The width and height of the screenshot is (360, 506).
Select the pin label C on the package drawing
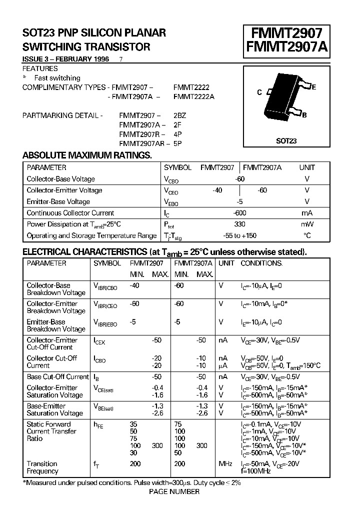tap(259, 92)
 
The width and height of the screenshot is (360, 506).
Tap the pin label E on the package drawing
tap(313, 87)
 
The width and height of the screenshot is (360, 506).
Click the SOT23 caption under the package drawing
tap(286, 141)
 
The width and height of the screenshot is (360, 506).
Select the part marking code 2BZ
tap(179, 115)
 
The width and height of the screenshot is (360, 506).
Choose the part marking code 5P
tap(177, 143)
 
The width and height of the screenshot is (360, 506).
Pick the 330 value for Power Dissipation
tap(239, 224)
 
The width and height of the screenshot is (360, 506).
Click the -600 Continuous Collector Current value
tap(239, 213)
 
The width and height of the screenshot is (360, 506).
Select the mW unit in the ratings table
tap(307, 224)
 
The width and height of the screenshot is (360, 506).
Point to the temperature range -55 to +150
tap(239, 235)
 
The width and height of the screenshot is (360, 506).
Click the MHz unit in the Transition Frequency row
tap(225, 464)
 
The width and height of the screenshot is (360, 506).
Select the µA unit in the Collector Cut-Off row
tap(223, 365)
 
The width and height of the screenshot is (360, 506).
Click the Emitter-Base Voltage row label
tap(58, 201)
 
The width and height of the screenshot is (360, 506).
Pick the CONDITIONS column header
tap(261, 263)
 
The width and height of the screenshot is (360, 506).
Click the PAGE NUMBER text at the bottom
tap(174, 491)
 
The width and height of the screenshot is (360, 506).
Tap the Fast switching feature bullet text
tap(57, 78)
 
